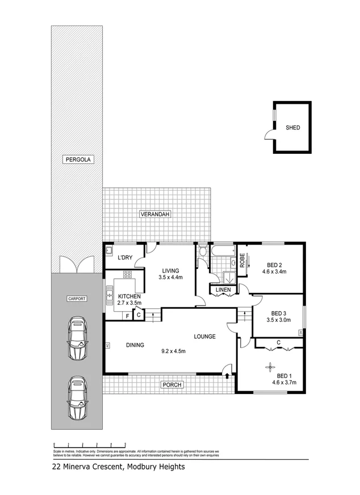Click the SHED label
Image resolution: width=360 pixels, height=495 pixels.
(292, 128)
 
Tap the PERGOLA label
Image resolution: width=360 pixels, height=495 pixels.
(77, 161)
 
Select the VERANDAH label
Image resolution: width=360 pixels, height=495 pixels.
(155, 214)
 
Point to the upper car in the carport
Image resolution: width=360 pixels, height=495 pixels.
(77, 339)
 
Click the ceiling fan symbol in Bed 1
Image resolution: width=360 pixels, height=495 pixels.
(269, 367)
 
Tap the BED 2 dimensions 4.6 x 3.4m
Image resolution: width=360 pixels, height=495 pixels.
(274, 272)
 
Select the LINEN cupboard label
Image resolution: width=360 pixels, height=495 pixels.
(223, 291)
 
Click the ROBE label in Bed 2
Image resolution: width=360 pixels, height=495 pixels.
(242, 261)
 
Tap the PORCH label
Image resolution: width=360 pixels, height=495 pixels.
(171, 385)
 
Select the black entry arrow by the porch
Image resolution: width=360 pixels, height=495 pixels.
(228, 375)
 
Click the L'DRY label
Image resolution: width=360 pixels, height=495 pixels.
(125, 258)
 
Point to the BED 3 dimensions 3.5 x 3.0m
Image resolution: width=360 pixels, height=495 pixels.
(278, 320)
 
